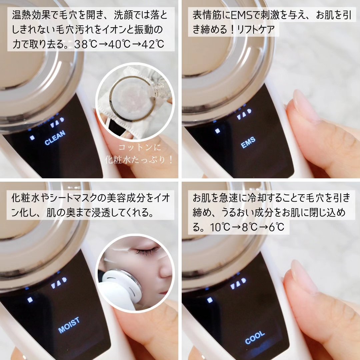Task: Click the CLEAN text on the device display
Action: (x=55, y=138)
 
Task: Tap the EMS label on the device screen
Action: (x=248, y=142)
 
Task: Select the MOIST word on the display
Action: (x=69, y=325)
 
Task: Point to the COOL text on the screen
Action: (x=255, y=337)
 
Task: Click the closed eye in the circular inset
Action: (x=147, y=250)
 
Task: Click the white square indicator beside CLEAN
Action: (x=32, y=137)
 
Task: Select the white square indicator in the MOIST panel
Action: (x=30, y=300)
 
